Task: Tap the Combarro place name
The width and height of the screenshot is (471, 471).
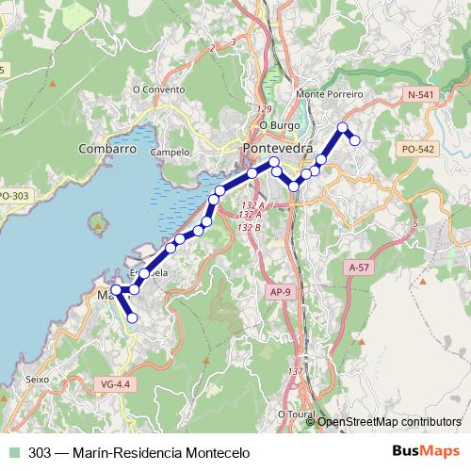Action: [x=107, y=149]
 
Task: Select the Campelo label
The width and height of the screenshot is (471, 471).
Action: [x=170, y=151]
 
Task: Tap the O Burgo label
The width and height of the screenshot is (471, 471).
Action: [x=278, y=124]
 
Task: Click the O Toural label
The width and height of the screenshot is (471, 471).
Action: [x=296, y=413]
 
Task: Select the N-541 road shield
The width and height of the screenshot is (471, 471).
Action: [x=421, y=95]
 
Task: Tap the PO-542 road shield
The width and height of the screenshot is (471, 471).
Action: [x=417, y=149]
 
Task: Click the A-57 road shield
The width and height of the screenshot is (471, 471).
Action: [x=358, y=268]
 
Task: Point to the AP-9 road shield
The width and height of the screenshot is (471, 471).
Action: [x=280, y=291]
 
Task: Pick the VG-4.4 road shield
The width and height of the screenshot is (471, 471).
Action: [x=113, y=383]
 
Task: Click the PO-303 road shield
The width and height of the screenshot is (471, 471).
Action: [x=14, y=195]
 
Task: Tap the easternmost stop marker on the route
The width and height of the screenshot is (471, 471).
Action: [x=355, y=140]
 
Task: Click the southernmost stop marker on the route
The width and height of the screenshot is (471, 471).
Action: [x=132, y=318]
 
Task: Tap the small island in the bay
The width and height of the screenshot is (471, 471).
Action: [x=96, y=224]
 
